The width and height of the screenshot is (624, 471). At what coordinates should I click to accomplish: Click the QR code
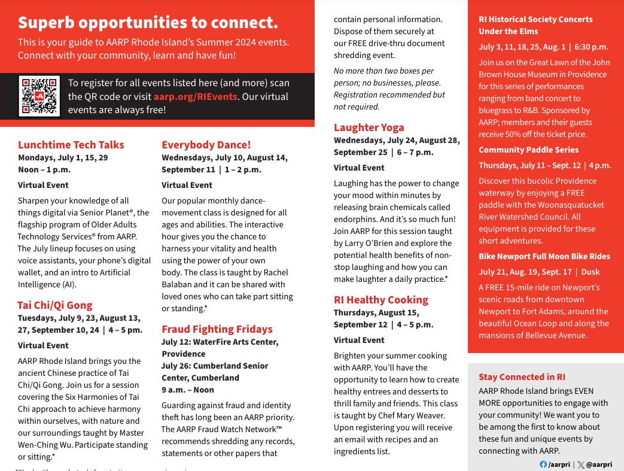click(x=39, y=96)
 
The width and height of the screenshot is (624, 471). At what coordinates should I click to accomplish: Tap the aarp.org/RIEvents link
click(x=196, y=96)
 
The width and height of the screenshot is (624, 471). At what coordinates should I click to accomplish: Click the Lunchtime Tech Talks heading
click(x=71, y=145)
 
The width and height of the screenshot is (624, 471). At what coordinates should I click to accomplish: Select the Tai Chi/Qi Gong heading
click(x=55, y=305)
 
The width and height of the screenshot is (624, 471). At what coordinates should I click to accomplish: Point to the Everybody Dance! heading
click(x=206, y=145)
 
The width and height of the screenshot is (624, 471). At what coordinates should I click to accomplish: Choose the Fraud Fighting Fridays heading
click(x=217, y=329)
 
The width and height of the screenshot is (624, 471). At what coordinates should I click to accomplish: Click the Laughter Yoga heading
click(x=369, y=127)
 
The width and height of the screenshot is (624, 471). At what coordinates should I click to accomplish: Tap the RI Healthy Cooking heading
click(x=381, y=300)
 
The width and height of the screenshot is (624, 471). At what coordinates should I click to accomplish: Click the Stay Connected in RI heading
click(x=522, y=377)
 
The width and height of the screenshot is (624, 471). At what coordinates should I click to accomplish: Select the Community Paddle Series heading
click(x=529, y=150)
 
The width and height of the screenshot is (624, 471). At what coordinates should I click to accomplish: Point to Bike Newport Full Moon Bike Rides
click(x=544, y=256)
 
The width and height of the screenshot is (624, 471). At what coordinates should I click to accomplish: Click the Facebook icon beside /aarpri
click(x=543, y=464)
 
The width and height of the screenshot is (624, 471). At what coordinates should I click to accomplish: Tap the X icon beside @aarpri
click(x=581, y=464)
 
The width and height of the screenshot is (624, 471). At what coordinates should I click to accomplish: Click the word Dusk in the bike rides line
click(x=590, y=272)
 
